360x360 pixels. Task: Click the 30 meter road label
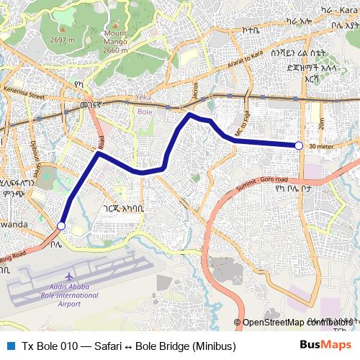[x=321, y=146]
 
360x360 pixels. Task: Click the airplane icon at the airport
[x=69, y=276]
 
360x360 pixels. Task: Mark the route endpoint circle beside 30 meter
[x=299, y=145]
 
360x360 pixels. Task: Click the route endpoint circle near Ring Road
[x=61, y=226]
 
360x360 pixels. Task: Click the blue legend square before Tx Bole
[x=10, y=346]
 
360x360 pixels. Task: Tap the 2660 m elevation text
[x=116, y=50]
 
